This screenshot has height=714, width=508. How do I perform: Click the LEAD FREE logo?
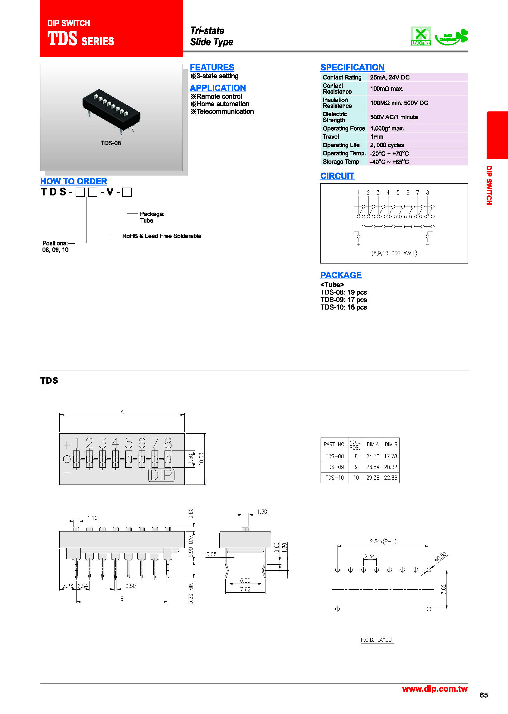(x=420, y=36)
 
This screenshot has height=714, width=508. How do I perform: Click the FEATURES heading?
(x=212, y=67)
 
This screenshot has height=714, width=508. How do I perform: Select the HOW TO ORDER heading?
(x=74, y=181)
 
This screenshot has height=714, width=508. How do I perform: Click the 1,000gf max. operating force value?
(x=387, y=129)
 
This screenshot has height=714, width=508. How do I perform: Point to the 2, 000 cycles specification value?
(x=387, y=145)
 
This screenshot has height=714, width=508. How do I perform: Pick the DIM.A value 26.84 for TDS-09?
(x=372, y=467)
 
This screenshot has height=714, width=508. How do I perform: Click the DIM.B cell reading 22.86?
(x=390, y=478)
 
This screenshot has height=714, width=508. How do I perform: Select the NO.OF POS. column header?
(x=356, y=444)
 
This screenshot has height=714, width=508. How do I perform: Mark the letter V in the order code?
(x=110, y=192)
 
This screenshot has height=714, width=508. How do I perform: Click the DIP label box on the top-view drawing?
(x=161, y=475)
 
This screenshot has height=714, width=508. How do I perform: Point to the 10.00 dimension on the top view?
(x=201, y=459)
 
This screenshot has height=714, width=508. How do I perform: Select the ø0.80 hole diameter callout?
(x=441, y=557)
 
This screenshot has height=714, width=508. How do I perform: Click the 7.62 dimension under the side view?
(x=245, y=589)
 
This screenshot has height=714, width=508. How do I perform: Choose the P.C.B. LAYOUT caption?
(x=377, y=640)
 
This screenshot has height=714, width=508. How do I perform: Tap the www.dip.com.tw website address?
(x=434, y=689)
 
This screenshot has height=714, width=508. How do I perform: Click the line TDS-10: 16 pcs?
(x=343, y=307)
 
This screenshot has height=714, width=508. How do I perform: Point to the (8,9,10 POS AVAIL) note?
(x=394, y=253)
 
